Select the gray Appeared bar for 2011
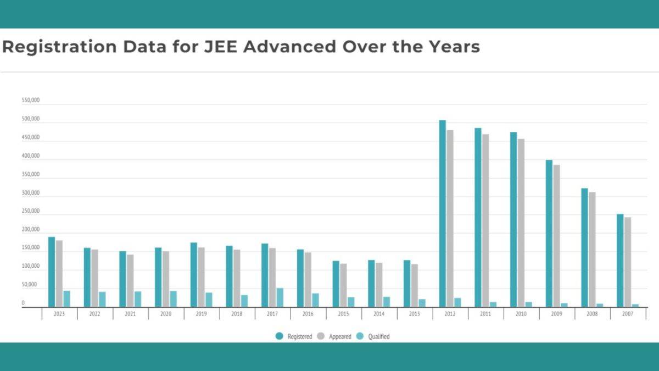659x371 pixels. coord(485,220)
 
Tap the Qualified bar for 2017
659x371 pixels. coord(280,297)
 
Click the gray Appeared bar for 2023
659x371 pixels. coord(59,273)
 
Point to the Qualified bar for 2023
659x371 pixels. coord(67,298)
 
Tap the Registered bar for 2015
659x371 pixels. coord(336,284)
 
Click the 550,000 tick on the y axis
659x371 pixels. coord(31,101)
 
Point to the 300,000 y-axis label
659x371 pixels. coord(31,193)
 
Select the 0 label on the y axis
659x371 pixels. coord(23,303)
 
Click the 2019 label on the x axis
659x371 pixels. coord(202,314)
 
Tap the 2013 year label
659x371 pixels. coord(415,314)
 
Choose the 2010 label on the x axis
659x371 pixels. coord(521,314)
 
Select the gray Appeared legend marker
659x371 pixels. coord(321,336)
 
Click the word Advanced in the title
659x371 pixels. coord(289,47)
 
